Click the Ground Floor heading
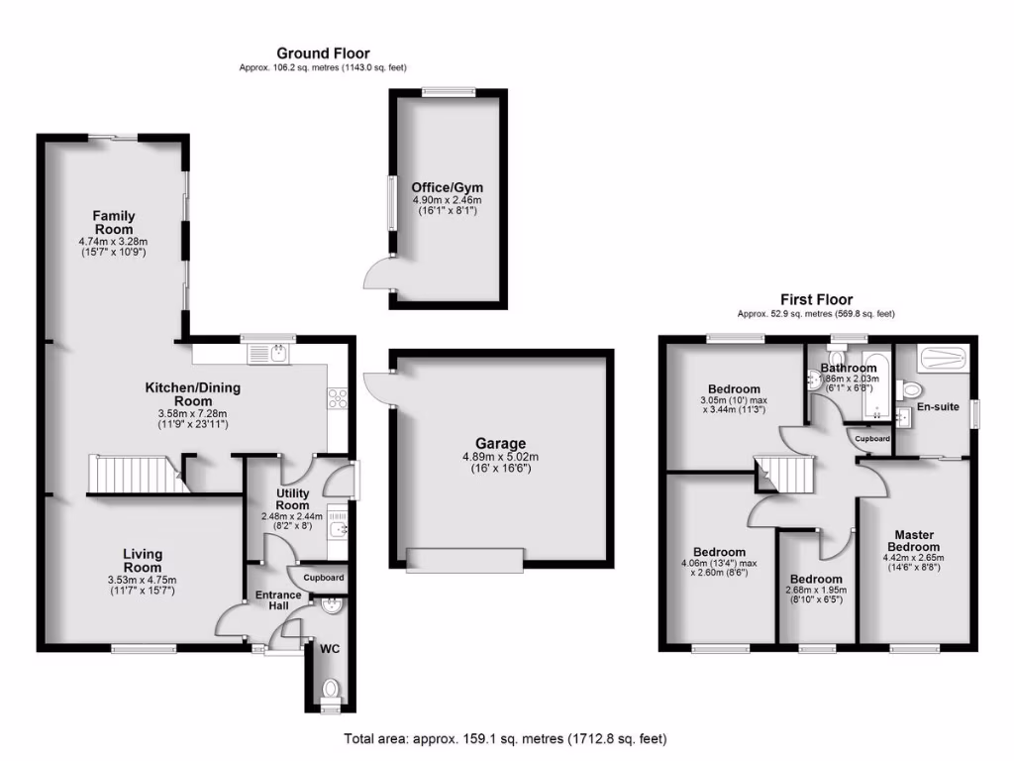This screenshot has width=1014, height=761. coord(323,54)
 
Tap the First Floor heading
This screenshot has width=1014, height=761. coord(816,299)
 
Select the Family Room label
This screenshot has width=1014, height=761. coord(114,223)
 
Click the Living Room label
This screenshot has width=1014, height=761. coord(143,561)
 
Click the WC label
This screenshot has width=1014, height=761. coord(329,650)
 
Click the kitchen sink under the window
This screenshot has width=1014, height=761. coord(268,352)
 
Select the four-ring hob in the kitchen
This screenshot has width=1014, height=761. coord(338,397)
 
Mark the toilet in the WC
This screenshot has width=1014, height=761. coord(330,687)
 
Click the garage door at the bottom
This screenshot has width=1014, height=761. coord(464,560)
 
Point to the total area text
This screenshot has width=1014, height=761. coord(505,738)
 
